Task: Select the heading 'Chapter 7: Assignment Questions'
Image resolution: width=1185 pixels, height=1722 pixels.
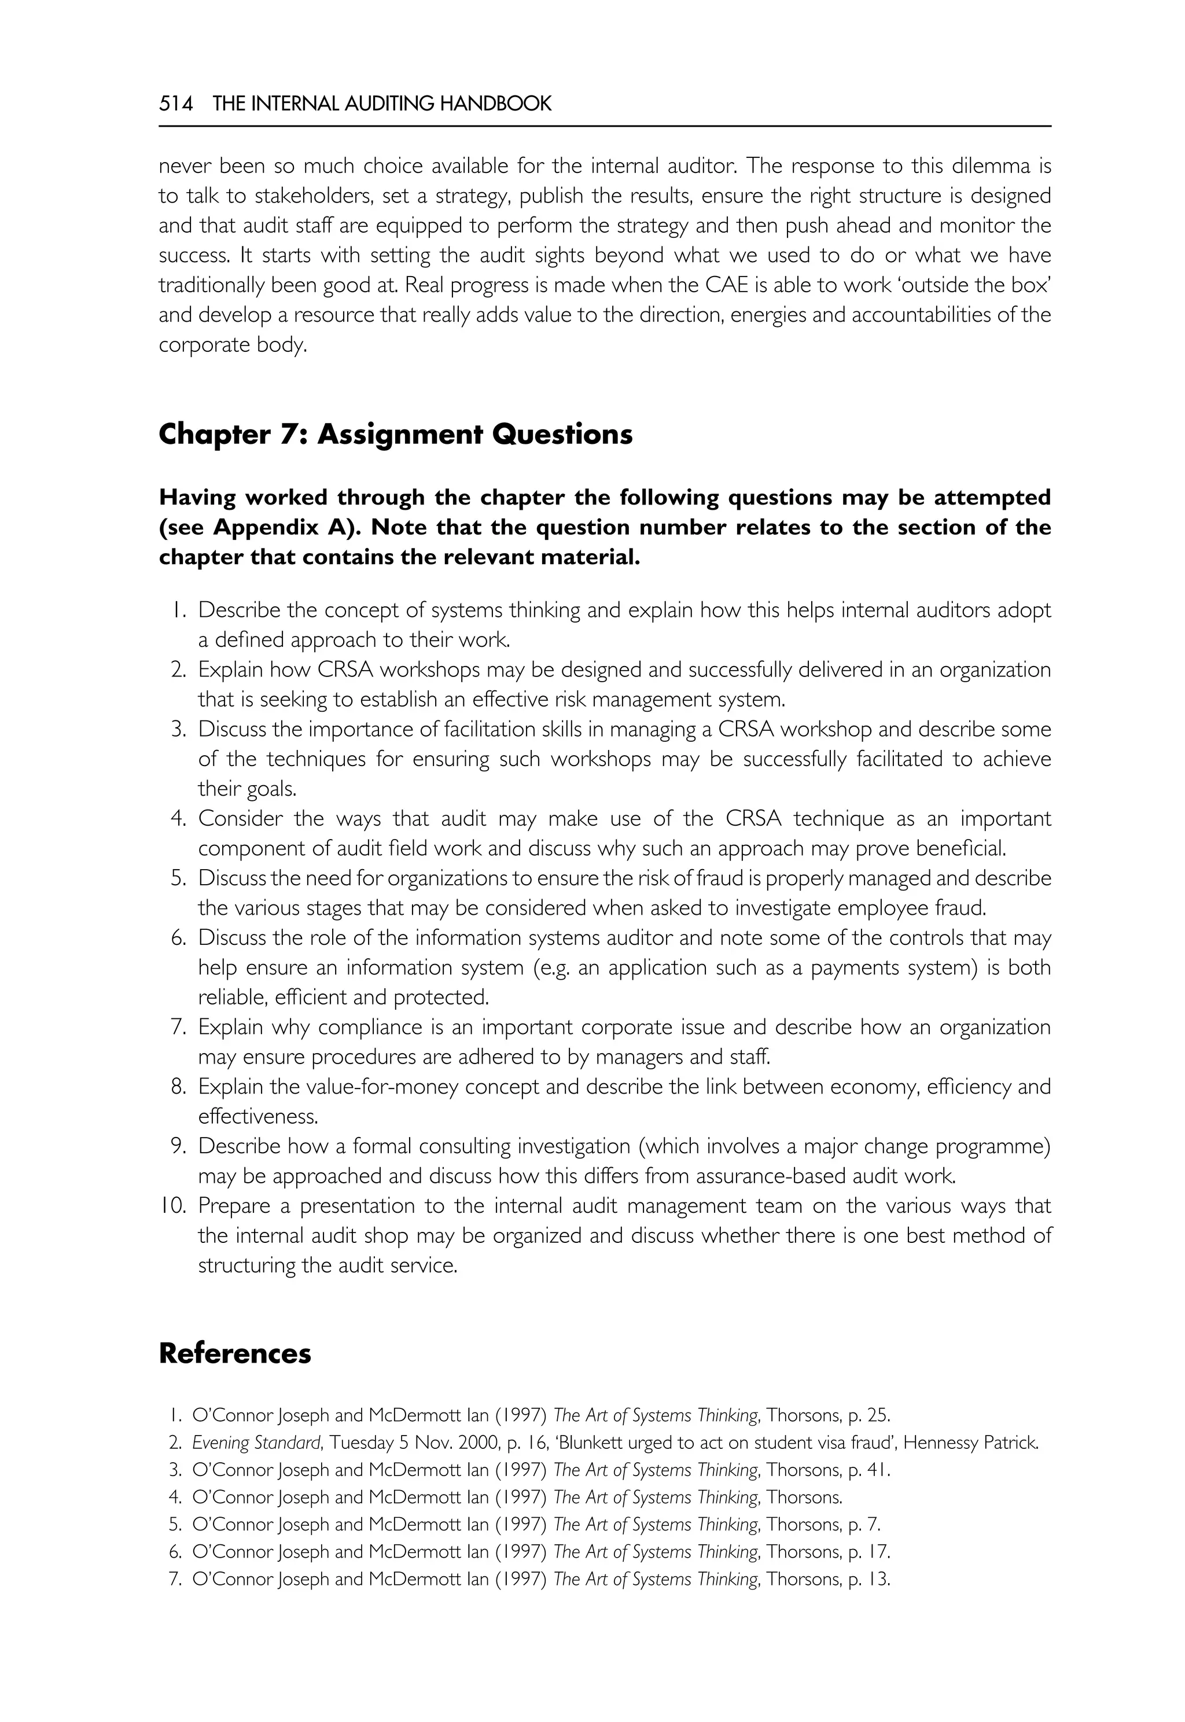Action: [x=395, y=435]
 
